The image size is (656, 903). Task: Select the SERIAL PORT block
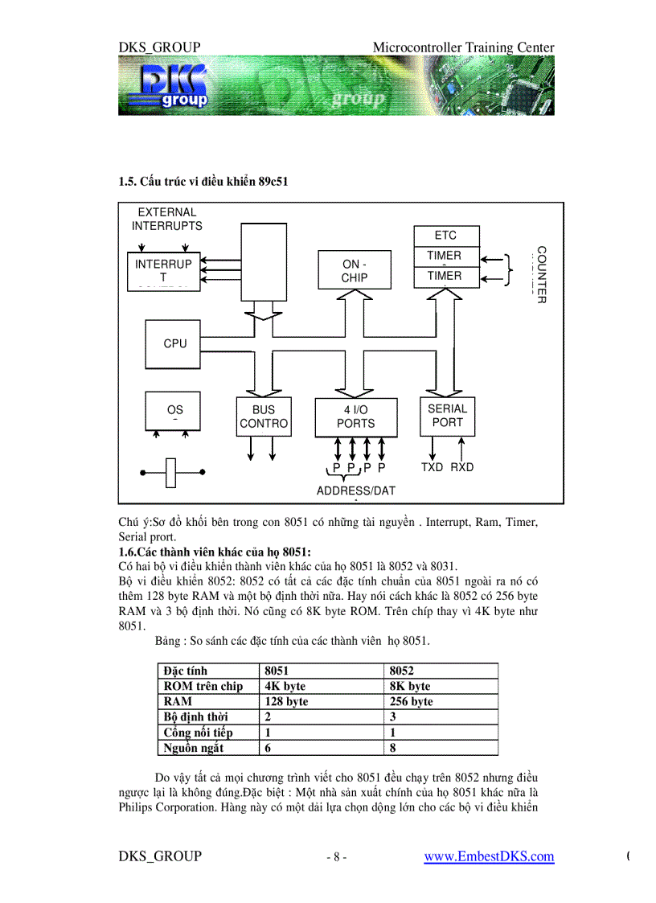pos(448,416)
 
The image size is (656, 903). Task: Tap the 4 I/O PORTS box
pos(355,417)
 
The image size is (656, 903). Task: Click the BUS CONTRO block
pos(264,417)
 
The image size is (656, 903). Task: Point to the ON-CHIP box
pos(355,271)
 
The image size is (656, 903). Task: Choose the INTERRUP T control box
pos(163,271)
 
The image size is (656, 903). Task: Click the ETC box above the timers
pos(445,236)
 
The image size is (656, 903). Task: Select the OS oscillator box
pos(174,412)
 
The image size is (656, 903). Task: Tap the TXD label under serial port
pos(432,467)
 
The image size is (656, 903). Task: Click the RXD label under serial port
pos(462,467)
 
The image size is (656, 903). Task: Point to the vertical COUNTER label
pos(541,274)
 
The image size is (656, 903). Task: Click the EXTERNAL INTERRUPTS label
pos(167,220)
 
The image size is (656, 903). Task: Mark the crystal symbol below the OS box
pos(171,473)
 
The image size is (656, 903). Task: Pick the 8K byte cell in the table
pos(410,686)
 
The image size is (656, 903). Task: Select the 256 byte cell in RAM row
pos(412,701)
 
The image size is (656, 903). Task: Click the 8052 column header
pos(402,671)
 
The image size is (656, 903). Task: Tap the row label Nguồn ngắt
pos(194,748)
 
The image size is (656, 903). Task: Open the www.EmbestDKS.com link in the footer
pos(489,856)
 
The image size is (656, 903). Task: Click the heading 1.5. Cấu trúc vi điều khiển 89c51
pos(203,182)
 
